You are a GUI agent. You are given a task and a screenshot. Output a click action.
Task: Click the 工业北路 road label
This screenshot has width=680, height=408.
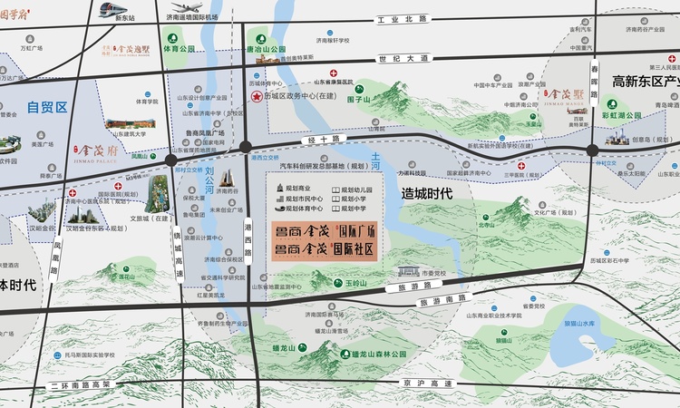click(402, 18)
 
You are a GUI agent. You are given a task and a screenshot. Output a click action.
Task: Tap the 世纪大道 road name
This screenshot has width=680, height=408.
click(403, 58)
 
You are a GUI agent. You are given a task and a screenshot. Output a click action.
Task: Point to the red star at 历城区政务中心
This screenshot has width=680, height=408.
click(257, 96)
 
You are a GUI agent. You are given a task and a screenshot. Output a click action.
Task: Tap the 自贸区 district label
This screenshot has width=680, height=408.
click(47, 107)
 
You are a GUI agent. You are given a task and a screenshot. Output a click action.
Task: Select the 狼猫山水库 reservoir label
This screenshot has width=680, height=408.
click(578, 323)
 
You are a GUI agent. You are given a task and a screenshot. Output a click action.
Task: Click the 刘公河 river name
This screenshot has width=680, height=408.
click(210, 179)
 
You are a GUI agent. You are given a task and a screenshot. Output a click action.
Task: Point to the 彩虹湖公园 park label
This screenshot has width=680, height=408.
click(622, 116)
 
